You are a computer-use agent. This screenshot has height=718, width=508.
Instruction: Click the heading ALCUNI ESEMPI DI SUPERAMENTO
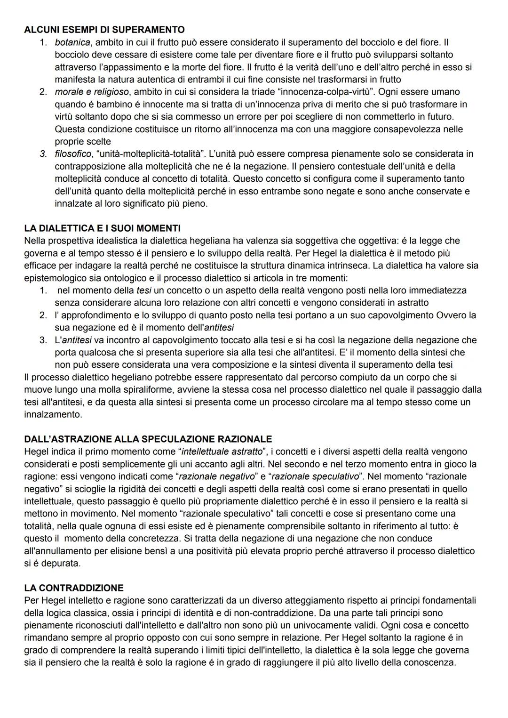pyautogui.click(x=104, y=30)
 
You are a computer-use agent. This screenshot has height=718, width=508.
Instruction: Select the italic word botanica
pyautogui.click(x=73, y=42)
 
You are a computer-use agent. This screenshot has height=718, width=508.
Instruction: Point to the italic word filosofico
pyautogui.click(x=73, y=153)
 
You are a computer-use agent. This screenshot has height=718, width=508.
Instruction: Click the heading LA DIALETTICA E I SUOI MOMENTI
pyautogui.click(x=102, y=228)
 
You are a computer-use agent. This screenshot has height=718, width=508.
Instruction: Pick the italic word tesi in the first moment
pyautogui.click(x=143, y=290)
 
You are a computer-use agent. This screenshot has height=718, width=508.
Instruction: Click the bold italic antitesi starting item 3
pyautogui.click(x=77, y=339)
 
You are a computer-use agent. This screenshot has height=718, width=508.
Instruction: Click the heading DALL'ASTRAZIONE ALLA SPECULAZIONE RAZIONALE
pyautogui.click(x=148, y=439)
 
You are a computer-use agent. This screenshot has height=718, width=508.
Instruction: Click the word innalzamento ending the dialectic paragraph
pyautogui.click(x=53, y=414)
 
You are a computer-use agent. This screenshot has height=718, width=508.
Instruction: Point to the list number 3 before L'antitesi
pyautogui.click(x=43, y=339)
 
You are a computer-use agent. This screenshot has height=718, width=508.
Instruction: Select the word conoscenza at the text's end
pyautogui.click(x=432, y=662)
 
